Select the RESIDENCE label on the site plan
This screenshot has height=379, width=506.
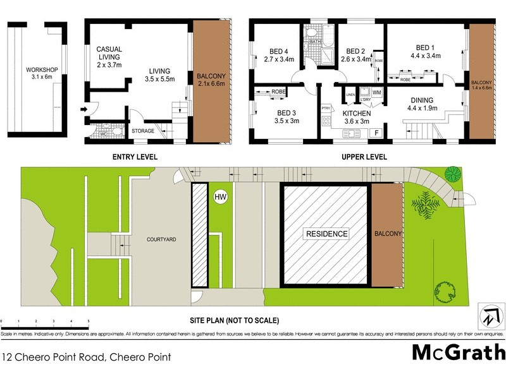click(327, 234)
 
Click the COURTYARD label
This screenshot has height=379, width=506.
click(161, 239)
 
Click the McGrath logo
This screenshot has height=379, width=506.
click(459, 352)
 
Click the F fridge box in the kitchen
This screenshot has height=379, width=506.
click(376, 133)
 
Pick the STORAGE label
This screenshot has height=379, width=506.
click(143, 131)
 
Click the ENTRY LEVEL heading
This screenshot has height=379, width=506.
click(135, 157)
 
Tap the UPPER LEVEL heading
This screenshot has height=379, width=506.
click(364, 157)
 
